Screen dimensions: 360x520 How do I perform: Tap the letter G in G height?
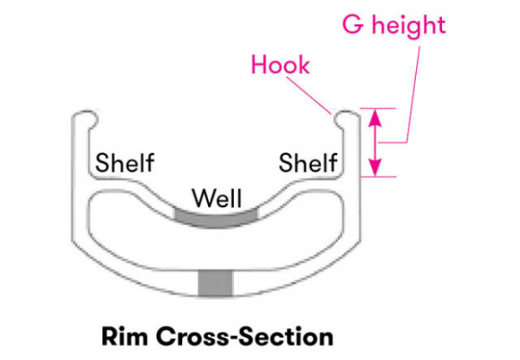[x=354, y=25]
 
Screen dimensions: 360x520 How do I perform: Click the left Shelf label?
[x=124, y=162]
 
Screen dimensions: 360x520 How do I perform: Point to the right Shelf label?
[x=308, y=162]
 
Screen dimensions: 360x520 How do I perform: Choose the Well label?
[x=216, y=199]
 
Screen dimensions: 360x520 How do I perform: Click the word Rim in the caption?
[x=125, y=337]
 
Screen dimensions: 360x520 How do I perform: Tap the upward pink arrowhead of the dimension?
[x=377, y=117]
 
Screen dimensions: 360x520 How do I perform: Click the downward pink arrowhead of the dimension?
[x=377, y=168]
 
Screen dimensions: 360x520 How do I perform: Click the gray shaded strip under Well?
[x=216, y=217]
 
